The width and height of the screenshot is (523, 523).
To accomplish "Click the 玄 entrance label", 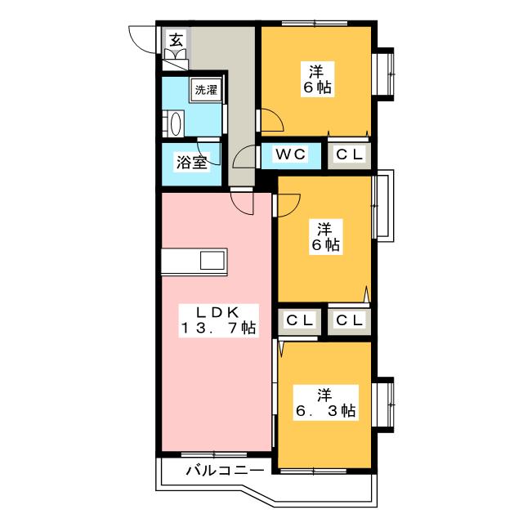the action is (x=177, y=41).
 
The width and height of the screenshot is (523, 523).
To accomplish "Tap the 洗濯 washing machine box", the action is (x=207, y=90).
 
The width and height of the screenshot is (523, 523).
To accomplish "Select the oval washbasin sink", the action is (x=176, y=123).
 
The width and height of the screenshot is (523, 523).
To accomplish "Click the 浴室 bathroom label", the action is (x=192, y=163).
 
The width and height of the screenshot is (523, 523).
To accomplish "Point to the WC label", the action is (x=290, y=154).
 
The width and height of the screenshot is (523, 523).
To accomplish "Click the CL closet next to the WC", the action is (x=349, y=154).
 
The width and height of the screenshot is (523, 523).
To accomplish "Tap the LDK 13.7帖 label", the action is (x=218, y=320).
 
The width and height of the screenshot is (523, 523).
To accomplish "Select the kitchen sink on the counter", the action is (x=212, y=261).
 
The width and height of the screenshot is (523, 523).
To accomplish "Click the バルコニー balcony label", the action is (x=225, y=471).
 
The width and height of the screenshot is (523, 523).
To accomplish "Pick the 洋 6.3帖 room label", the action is (x=325, y=403).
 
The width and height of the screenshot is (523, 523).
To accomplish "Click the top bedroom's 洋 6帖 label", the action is (x=317, y=79).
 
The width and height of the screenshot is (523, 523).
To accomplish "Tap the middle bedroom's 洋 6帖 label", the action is (x=325, y=237).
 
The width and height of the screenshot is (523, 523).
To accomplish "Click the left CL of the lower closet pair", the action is (x=300, y=320).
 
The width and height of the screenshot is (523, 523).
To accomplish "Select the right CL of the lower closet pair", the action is (x=349, y=320).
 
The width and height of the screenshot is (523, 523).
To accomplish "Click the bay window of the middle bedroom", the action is (x=383, y=205).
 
